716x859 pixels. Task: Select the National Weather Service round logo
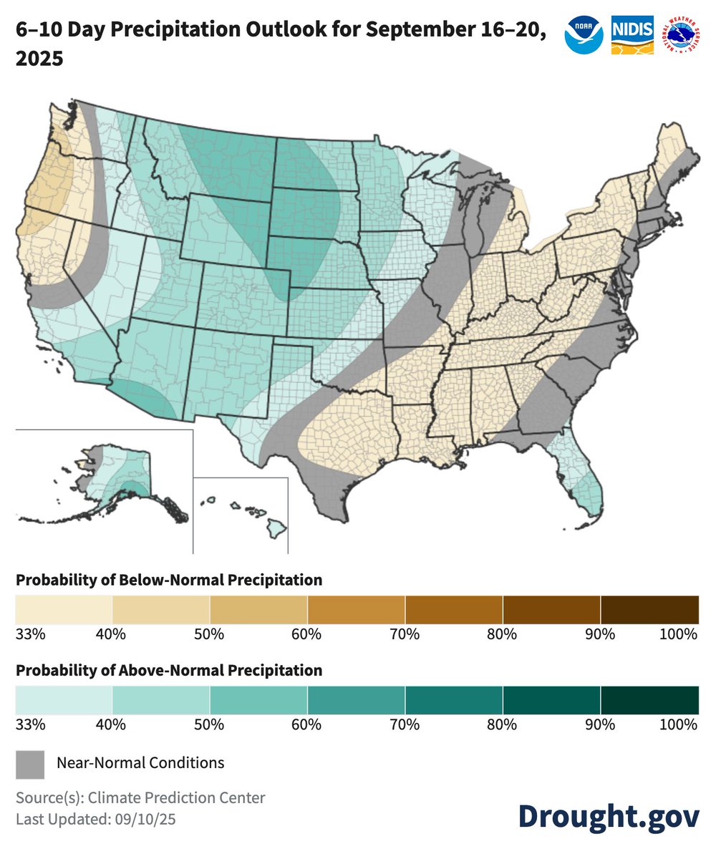(681, 35)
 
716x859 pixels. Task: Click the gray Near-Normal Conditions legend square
(30, 763)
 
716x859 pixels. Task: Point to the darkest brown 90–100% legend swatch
(649, 609)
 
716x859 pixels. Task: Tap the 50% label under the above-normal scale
(210, 724)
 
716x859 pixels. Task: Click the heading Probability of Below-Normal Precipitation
(169, 579)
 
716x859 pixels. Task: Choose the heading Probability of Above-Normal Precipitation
(169, 671)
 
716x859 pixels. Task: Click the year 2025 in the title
(39, 59)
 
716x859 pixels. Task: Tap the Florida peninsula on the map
(581, 480)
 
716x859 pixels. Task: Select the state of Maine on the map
(677, 154)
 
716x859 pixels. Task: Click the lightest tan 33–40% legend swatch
(64, 609)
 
